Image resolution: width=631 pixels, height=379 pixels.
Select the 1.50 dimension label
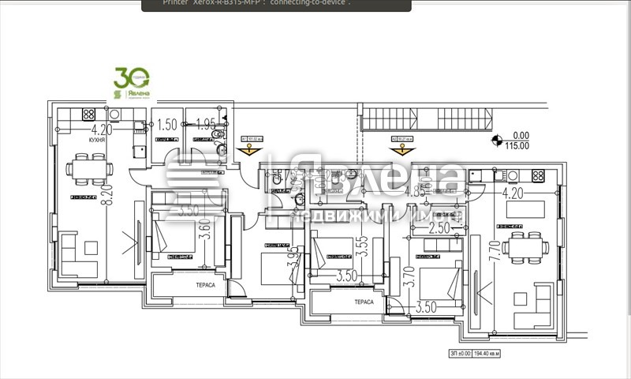[166, 125]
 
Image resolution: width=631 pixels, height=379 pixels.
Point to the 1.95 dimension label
[204, 125]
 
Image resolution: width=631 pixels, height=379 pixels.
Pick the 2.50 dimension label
[439, 229]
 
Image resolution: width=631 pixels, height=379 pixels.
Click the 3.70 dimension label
[408, 276]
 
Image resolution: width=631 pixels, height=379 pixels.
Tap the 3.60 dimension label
[206, 235]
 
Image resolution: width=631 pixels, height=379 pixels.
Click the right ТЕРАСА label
[364, 302]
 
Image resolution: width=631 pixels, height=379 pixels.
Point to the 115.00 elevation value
[517, 145]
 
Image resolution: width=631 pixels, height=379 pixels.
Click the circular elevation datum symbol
[497, 141]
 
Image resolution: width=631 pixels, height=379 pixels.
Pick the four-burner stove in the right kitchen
[539, 175]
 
